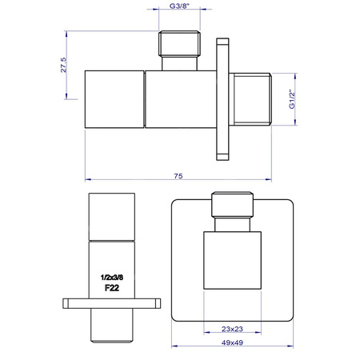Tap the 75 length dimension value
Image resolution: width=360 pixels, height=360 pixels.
[179, 176]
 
